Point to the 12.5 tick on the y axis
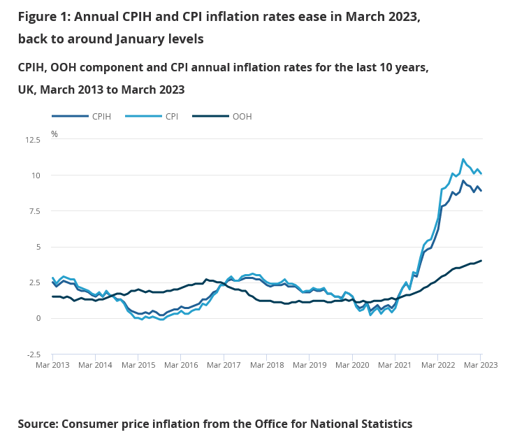(33, 140)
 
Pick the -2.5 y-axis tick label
(34, 354)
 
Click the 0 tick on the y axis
(39, 319)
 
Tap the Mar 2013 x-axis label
(52, 365)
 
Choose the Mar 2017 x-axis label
(224, 365)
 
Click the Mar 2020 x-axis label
(351, 365)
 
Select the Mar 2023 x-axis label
(480, 365)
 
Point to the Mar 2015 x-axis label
(138, 365)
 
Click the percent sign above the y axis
(54, 134)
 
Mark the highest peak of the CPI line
(463, 159)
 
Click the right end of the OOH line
(481, 261)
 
